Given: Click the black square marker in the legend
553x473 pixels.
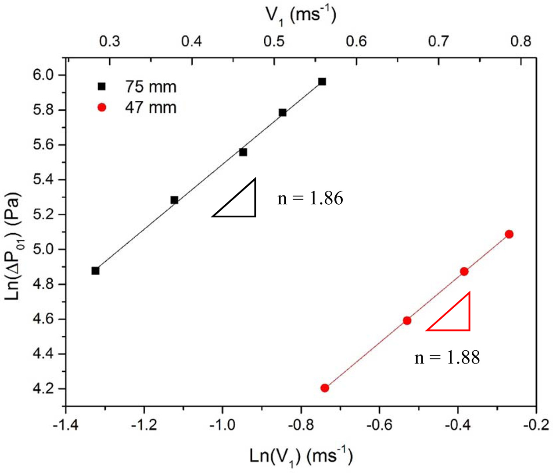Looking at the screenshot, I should pos(102,86).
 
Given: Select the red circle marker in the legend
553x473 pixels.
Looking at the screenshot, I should pos(102,107).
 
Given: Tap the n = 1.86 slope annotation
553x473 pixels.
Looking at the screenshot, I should pos(310,199).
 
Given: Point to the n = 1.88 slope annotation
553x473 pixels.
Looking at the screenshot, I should pos(447,358).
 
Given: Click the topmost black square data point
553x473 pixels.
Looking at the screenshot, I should pos(322,82).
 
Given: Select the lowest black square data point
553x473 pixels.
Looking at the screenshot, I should pos(95,271).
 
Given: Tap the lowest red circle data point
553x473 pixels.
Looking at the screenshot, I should pos(325,388).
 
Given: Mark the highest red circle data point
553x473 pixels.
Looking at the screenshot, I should pos(509,234).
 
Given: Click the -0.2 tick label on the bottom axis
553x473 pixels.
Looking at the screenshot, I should pos(536,425).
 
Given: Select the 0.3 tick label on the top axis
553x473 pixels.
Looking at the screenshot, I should pos(109,42).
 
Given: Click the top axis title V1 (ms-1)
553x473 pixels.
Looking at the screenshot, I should pos(301,16).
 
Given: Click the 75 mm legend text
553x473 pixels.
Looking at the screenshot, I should pos(151,87).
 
